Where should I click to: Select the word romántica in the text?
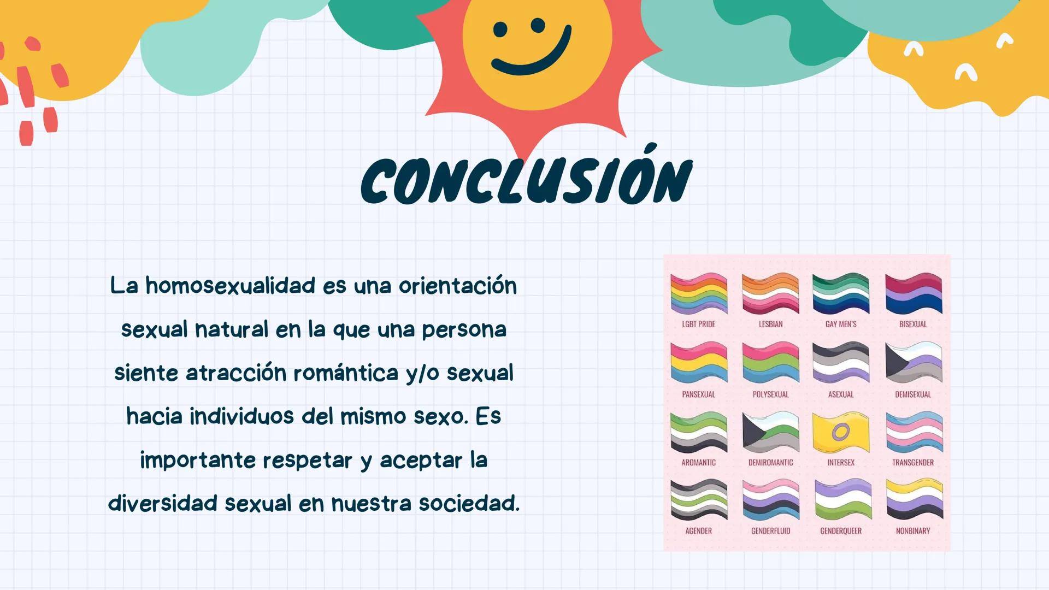(346, 373)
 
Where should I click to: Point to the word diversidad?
(163, 503)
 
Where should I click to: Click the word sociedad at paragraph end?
(469, 503)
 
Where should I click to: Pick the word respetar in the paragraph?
(308, 460)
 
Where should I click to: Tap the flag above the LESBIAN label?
(770, 293)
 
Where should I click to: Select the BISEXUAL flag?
(913, 293)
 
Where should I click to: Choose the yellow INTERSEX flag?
(841, 432)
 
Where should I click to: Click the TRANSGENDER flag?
(913, 432)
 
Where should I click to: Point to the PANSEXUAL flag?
(699, 362)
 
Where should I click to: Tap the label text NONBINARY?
(913, 530)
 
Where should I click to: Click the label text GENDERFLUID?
(770, 530)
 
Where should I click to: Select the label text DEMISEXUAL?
(913, 394)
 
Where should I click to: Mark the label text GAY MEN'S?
(841, 324)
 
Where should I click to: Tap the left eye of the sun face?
(500, 29)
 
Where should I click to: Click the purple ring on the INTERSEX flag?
(840, 433)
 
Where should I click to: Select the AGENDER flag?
(699, 499)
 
